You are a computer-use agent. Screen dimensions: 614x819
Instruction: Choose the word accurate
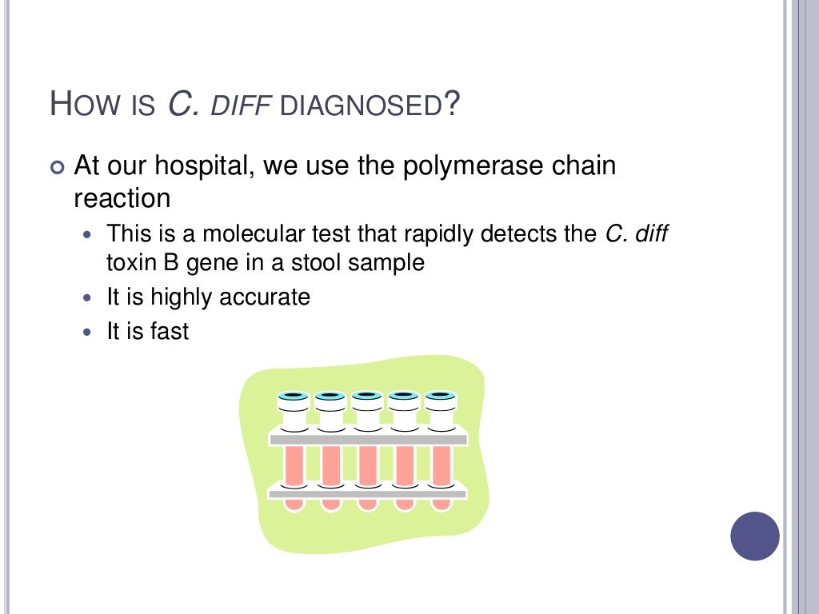click(266, 297)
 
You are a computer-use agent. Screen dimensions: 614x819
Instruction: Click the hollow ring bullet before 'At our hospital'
click(55, 168)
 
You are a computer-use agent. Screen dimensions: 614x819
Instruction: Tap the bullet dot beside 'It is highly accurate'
click(88, 298)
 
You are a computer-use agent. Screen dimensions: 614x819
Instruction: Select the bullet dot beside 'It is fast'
click(88, 332)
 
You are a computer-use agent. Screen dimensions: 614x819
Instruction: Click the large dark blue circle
click(755, 536)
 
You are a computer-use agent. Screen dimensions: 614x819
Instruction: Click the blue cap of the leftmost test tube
click(293, 396)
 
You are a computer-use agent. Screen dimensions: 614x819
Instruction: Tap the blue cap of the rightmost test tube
click(440, 396)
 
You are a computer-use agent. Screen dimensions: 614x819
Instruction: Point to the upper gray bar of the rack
click(368, 439)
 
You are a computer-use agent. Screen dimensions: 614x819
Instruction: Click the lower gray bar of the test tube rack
click(368, 494)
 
